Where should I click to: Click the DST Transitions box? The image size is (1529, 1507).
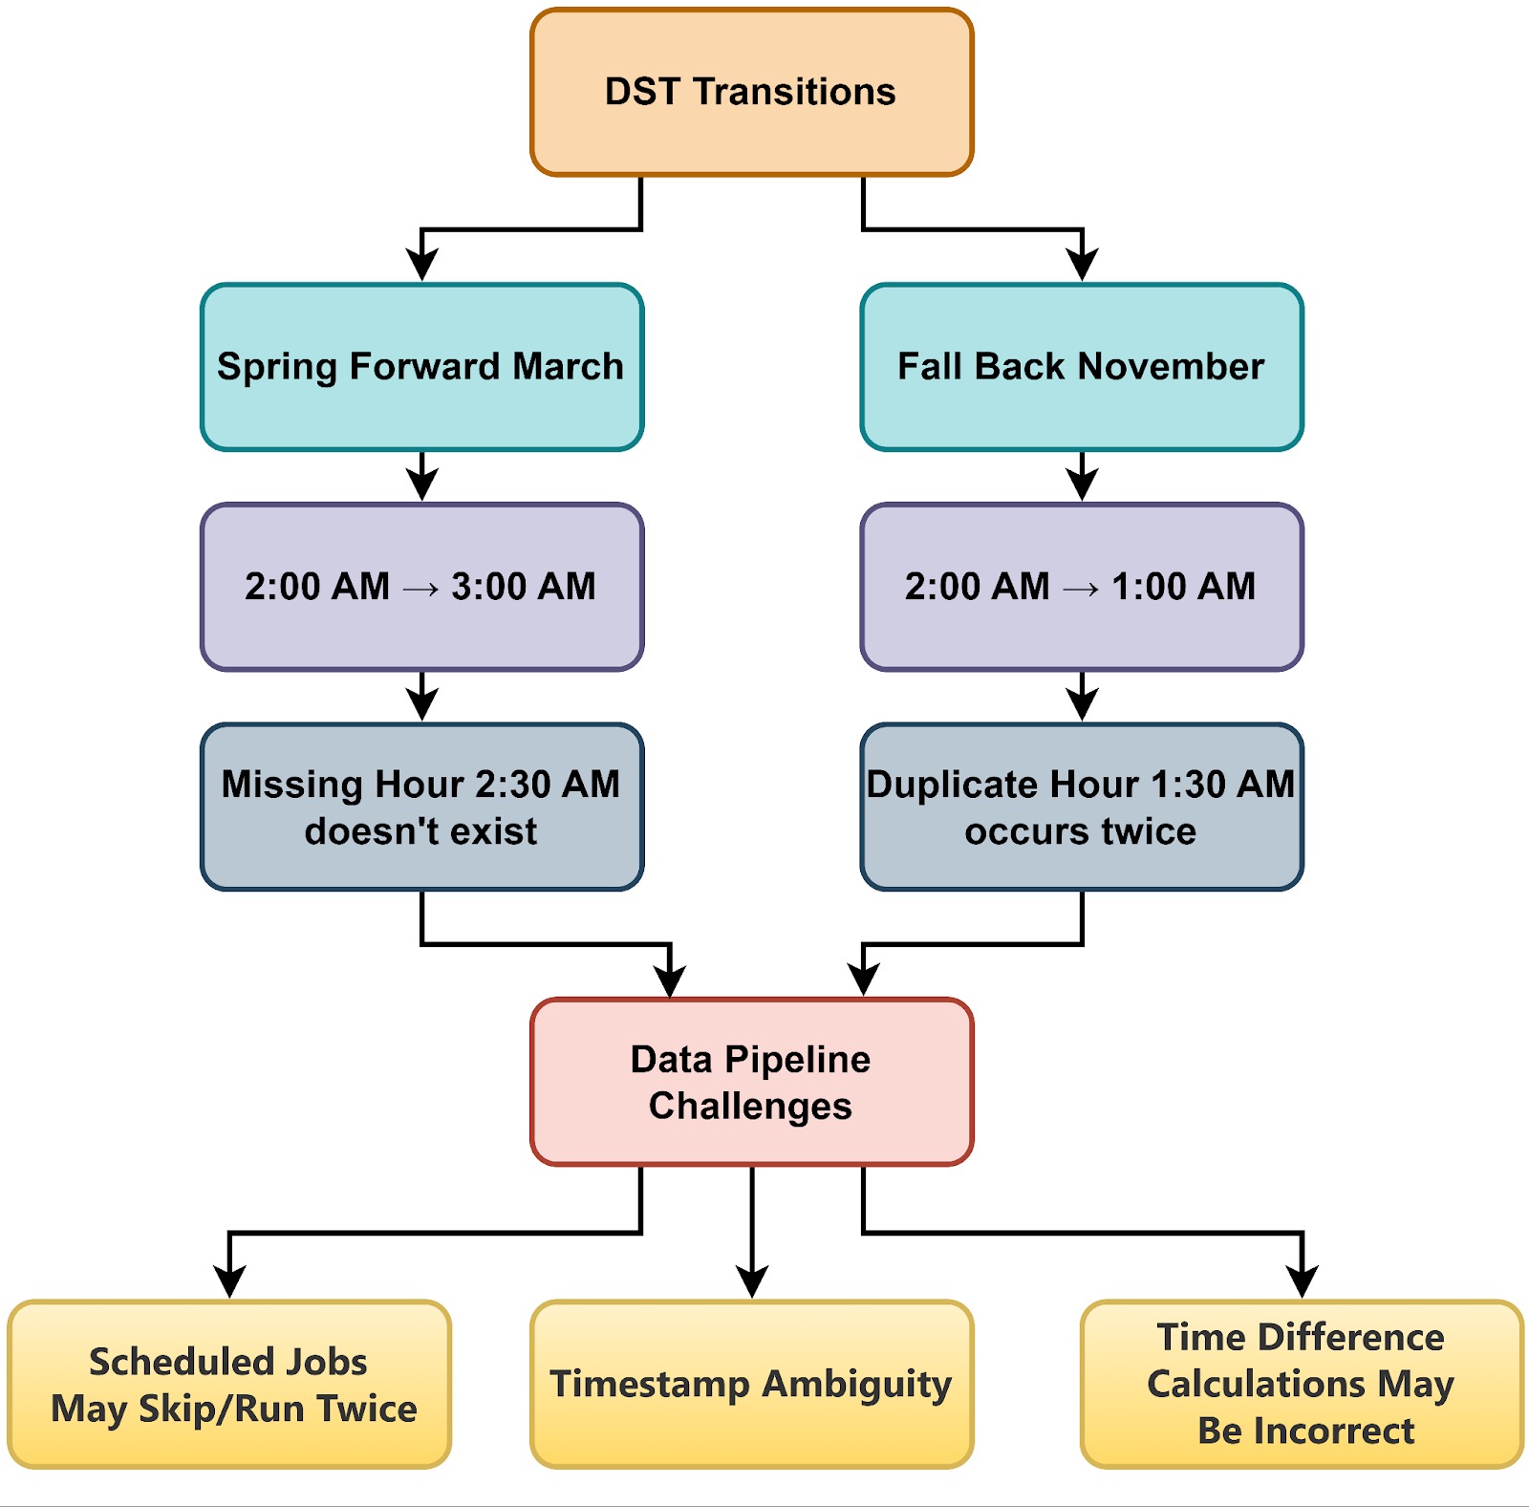tap(751, 93)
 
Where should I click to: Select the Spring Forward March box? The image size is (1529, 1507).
tap(421, 367)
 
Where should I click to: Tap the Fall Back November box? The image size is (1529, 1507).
tap(1081, 367)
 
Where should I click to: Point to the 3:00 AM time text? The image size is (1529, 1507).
tap(523, 587)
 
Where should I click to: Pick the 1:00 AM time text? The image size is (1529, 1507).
tap(1183, 587)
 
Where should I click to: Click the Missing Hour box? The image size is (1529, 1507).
tap(421, 807)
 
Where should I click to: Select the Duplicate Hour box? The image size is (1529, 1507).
tap(1081, 807)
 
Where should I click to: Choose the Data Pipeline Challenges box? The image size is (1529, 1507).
tap(751, 1083)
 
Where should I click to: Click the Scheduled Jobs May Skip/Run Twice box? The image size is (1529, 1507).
tap(229, 1385)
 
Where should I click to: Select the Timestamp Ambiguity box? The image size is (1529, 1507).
tap(751, 1385)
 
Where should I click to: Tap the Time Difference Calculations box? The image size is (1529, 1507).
tap(1301, 1385)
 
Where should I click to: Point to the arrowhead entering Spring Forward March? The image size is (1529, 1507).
tap(421, 265)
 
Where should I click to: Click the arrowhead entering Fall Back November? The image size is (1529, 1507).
tap(1082, 265)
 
